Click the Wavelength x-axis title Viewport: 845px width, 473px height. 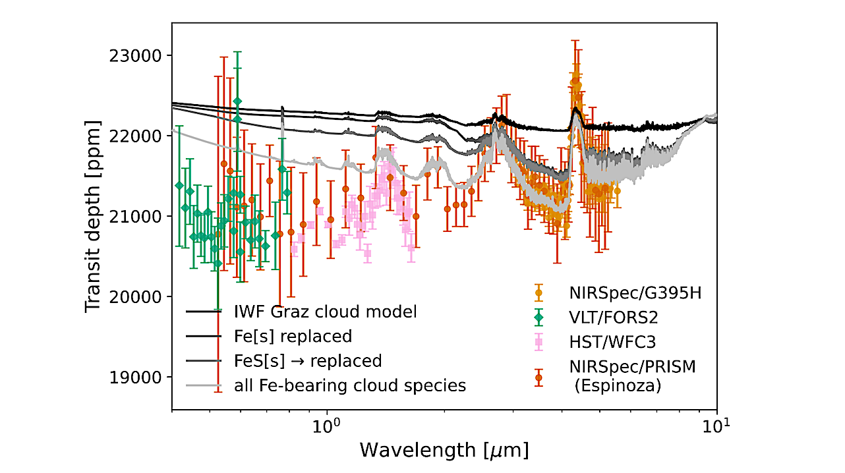coord(444,451)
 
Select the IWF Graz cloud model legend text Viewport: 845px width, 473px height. coord(326,312)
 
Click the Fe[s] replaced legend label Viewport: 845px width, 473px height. coord(293,336)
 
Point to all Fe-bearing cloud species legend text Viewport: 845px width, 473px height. coord(350,385)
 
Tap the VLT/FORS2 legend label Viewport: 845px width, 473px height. coord(614,318)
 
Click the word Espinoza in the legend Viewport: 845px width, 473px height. coord(618,387)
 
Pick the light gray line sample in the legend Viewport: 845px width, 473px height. coord(202,386)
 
